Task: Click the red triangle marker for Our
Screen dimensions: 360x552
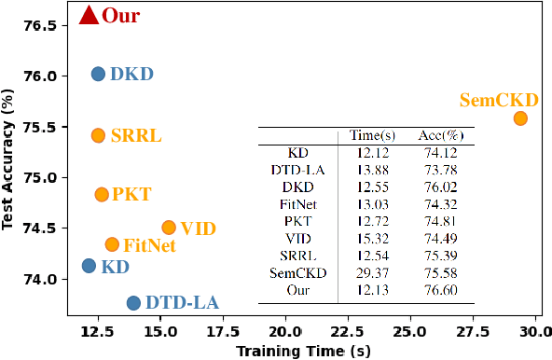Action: pos(89,15)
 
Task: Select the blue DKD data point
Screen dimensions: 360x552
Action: pos(98,74)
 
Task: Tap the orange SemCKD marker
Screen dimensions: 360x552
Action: pos(520,118)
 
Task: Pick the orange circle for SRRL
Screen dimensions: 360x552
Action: pos(98,135)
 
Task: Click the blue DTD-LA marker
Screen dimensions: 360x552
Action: pos(133,303)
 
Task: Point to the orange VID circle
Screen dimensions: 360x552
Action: pos(169,228)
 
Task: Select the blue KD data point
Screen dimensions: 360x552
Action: pos(89,266)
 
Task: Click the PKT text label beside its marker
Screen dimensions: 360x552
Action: pos(131,195)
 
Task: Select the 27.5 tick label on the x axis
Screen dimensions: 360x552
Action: pos(473,330)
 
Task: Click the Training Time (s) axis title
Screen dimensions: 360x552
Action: pos(303,350)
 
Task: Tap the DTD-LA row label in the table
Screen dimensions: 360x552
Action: pos(297,170)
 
